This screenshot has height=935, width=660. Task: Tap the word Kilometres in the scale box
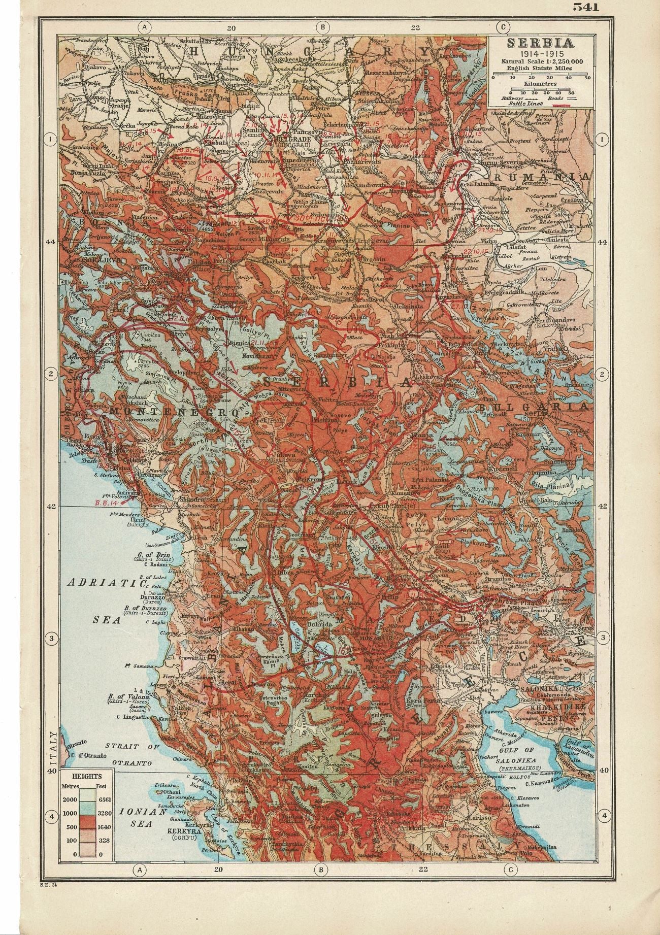540,83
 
